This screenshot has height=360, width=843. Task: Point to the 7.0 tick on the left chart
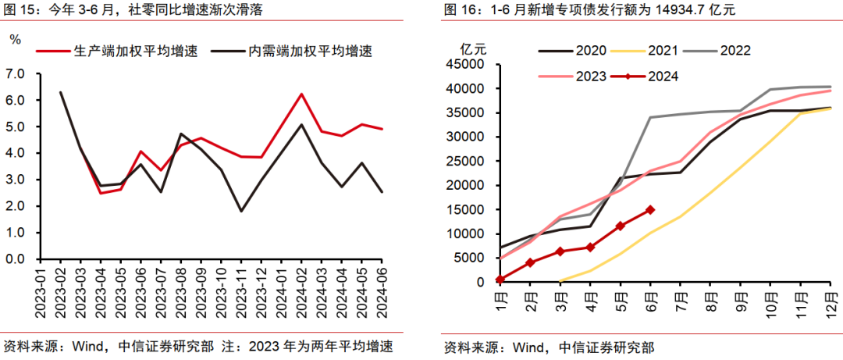15,73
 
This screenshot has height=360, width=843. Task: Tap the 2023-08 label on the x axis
180,290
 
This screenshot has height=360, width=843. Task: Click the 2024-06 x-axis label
381,290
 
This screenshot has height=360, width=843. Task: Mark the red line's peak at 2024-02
301,94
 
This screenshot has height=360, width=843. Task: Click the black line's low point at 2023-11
241,211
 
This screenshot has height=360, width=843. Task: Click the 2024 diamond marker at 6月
650,209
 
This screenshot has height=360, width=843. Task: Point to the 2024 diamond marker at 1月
500,279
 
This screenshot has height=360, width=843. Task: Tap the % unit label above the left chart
15,38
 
